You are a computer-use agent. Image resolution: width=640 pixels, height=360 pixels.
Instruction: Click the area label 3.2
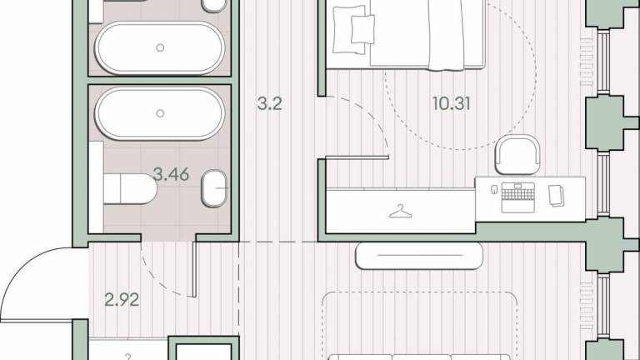[270, 103]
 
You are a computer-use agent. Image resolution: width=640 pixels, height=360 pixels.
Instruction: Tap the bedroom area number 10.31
[452, 103]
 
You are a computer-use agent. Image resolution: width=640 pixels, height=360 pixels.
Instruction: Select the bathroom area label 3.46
[171, 174]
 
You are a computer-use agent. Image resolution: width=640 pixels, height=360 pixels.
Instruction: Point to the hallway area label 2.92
[122, 300]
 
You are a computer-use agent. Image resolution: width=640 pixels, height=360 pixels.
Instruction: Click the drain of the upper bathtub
[160, 47]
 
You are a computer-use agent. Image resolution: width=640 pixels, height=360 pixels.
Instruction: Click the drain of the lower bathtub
[160, 113]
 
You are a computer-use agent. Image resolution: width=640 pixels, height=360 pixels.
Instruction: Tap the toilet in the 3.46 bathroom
[130, 188]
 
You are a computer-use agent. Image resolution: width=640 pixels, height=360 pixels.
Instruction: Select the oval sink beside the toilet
[214, 188]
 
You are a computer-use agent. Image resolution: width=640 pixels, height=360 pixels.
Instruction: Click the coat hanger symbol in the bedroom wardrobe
[400, 212]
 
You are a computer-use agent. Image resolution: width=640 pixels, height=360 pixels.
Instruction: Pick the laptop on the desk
[518, 197]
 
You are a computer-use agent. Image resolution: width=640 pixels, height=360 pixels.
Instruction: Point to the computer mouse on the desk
[494, 190]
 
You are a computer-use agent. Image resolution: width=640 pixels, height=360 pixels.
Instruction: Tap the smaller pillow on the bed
[362, 29]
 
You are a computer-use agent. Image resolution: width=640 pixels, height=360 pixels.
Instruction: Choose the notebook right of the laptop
[557, 196]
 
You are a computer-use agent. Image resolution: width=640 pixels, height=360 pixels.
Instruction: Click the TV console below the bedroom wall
[419, 256]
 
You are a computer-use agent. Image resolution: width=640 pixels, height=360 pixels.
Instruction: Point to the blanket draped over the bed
[447, 35]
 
